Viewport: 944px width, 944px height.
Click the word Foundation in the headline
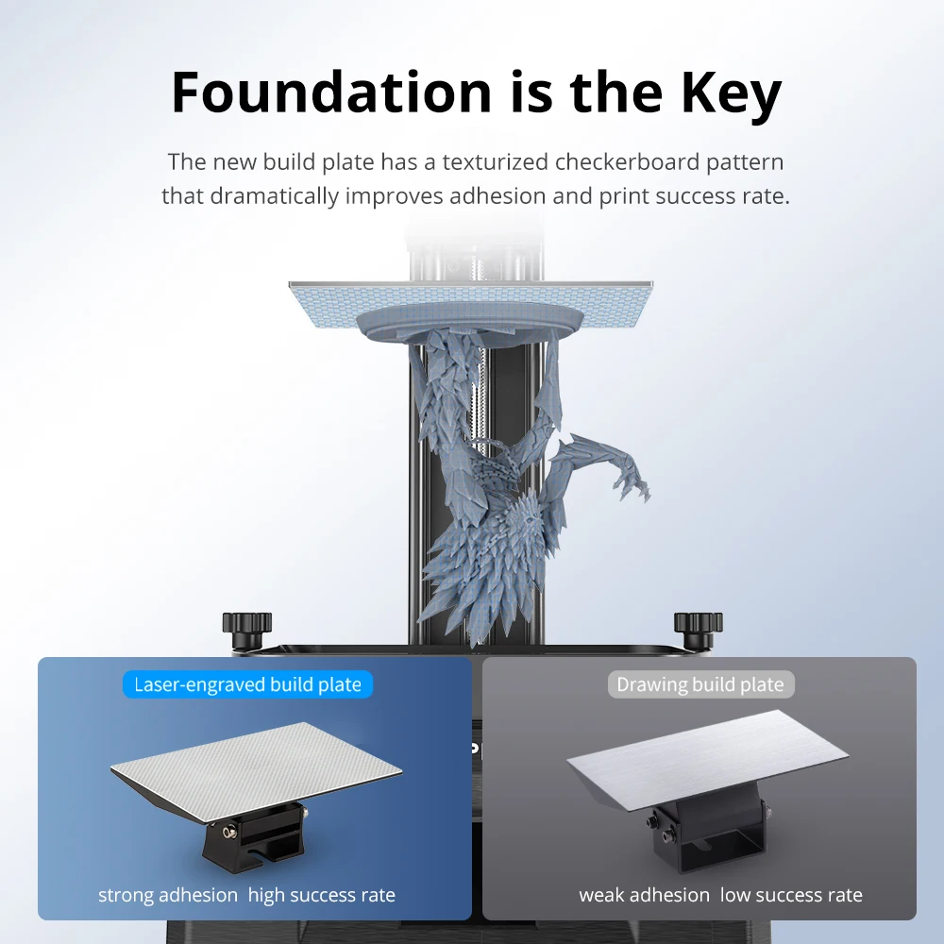[331, 93]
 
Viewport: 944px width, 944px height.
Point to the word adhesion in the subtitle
[497, 195]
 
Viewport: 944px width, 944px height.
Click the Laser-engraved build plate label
[247, 684]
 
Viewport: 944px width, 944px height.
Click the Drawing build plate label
[700, 684]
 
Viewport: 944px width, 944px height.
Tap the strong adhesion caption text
[168, 895]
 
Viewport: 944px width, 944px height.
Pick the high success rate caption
[322, 895]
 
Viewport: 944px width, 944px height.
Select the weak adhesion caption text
[644, 895]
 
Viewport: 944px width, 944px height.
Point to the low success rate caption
[791, 895]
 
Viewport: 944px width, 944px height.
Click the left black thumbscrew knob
[246, 629]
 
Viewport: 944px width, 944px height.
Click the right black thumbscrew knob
[699, 629]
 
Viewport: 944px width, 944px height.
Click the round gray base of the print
[469, 321]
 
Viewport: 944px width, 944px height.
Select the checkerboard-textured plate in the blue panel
[256, 772]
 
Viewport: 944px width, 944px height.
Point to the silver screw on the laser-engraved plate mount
[228, 832]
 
